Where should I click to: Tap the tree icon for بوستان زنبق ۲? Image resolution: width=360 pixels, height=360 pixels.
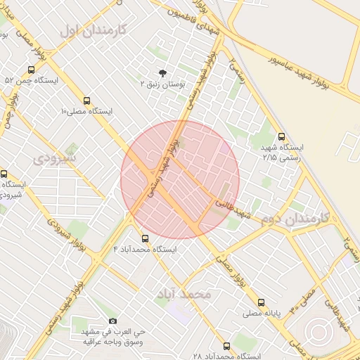click(x=163, y=72)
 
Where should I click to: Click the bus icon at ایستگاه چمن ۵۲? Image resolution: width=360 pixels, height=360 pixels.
click(x=31, y=70)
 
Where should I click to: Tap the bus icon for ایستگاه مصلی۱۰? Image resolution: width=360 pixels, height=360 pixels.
click(x=86, y=101)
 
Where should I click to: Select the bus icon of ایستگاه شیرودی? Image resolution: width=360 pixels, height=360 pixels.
click(x=4, y=174)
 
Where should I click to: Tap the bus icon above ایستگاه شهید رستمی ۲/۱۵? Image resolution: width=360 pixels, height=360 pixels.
click(x=282, y=137)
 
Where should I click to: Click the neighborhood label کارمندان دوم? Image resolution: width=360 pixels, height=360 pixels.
click(x=295, y=219)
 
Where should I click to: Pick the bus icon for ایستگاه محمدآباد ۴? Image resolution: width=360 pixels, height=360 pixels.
click(x=146, y=238)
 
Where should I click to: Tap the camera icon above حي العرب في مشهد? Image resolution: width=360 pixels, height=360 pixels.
click(x=112, y=321)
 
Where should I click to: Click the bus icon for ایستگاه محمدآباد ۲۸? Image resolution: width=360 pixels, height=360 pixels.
click(x=226, y=346)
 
